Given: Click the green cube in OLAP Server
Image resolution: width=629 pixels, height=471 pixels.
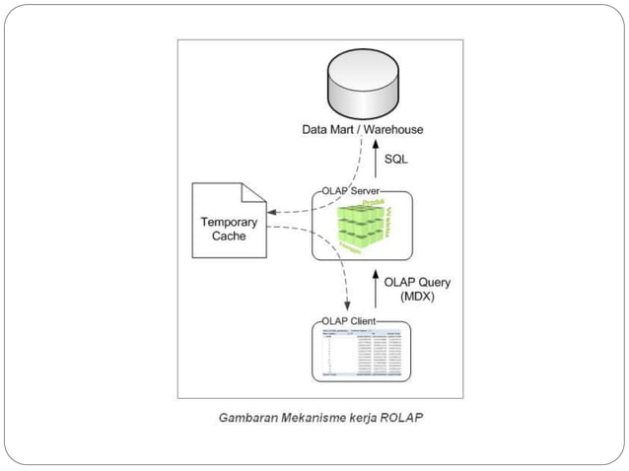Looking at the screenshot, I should tap(363, 227).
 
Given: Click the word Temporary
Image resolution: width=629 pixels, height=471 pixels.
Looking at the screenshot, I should tap(229, 222).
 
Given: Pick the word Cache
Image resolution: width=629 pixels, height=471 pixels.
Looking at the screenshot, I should tap(229, 237).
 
